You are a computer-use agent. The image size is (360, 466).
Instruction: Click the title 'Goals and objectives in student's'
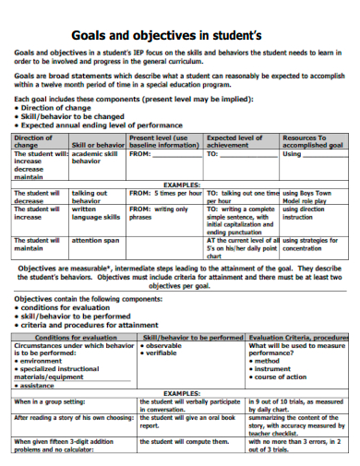(180, 35)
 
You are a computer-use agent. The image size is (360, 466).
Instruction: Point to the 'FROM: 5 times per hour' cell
(165, 194)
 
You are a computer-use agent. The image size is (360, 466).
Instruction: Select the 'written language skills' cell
(96, 213)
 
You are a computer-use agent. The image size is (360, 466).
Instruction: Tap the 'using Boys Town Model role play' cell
(309, 197)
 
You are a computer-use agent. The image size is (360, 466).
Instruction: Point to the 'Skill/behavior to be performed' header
(192, 338)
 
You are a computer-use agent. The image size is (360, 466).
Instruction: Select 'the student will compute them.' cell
(185, 441)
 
